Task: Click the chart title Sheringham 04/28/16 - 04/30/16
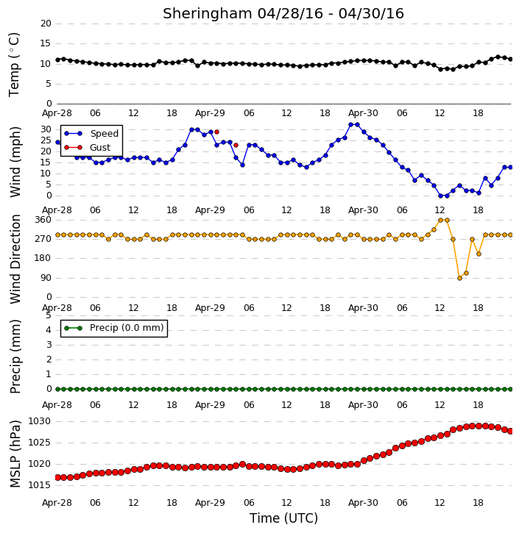coord(283,14)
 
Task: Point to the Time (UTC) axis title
coord(283,518)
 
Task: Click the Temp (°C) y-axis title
coord(14,64)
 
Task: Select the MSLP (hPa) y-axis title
coord(15,454)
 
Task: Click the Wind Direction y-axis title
coord(15,259)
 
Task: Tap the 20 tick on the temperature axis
coord(46,24)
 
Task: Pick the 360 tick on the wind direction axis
coord(43,220)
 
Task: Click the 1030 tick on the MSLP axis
coord(40,421)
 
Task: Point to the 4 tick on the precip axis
coord(49,330)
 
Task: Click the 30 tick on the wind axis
coord(46,129)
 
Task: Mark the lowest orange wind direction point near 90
coord(460,278)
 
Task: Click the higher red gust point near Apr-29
coord(216,132)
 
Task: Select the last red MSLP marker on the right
coord(510,431)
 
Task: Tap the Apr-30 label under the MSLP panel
coord(363,502)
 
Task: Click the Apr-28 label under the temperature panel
coord(57,113)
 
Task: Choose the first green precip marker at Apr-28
coord(57,389)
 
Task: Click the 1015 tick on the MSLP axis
coord(40,485)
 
